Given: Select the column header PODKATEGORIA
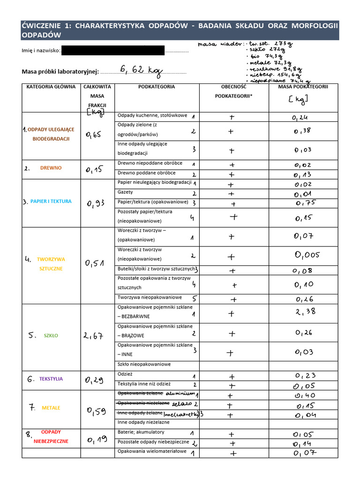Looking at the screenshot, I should (x=157, y=87).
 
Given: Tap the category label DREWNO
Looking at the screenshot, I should (x=51, y=168).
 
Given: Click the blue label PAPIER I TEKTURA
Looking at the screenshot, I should (x=51, y=202).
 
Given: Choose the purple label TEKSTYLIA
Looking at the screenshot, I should (x=51, y=379).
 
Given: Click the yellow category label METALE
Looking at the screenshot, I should (x=51, y=408).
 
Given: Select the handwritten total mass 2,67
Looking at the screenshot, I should (x=93, y=336).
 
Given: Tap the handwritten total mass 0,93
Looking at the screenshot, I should (x=96, y=203).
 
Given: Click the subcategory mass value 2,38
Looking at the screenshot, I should (x=306, y=312).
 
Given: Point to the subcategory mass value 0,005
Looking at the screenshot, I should (x=307, y=255).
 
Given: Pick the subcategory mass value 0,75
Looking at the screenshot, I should (x=306, y=203).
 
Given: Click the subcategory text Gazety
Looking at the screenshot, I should (x=125, y=192).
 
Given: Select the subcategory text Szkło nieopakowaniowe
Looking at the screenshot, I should (x=144, y=364).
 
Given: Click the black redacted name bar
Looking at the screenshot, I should (x=113, y=51).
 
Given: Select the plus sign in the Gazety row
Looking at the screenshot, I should (x=231, y=193).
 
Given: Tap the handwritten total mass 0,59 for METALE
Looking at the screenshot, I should (x=96, y=412).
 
